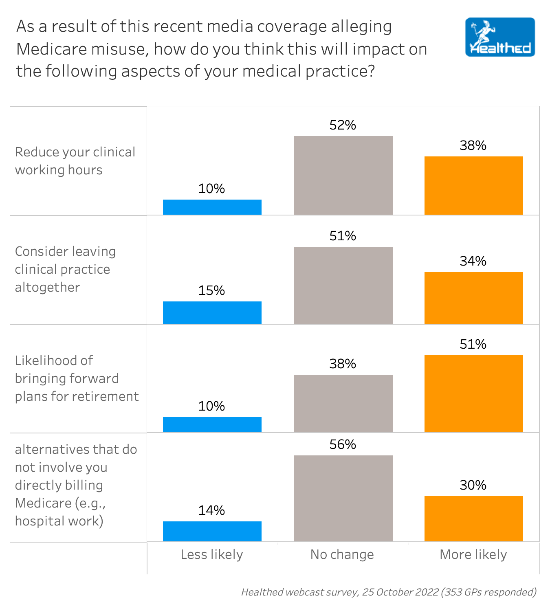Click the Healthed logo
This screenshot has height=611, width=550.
click(500, 37)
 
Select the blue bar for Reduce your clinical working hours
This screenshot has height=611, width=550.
click(212, 207)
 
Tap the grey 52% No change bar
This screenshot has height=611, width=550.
click(343, 175)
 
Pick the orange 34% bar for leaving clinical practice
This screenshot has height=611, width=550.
click(473, 298)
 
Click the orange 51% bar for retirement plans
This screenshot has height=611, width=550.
click(473, 393)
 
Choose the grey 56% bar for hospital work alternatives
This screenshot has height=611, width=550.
click(343, 498)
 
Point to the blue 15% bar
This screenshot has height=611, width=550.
click(212, 312)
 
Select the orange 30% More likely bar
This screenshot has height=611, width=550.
click(473, 519)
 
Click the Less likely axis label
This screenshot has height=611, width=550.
click(212, 554)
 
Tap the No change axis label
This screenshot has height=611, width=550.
click(342, 554)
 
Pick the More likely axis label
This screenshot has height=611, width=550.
click(473, 554)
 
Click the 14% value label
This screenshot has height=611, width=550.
click(212, 510)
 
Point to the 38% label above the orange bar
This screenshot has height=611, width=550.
click(473, 145)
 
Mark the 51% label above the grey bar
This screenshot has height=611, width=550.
click(343, 236)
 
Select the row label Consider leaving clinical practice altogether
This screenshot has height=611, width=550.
click(65, 269)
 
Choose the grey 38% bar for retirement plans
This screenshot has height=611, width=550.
click(343, 403)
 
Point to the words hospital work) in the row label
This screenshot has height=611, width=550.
click(59, 521)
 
